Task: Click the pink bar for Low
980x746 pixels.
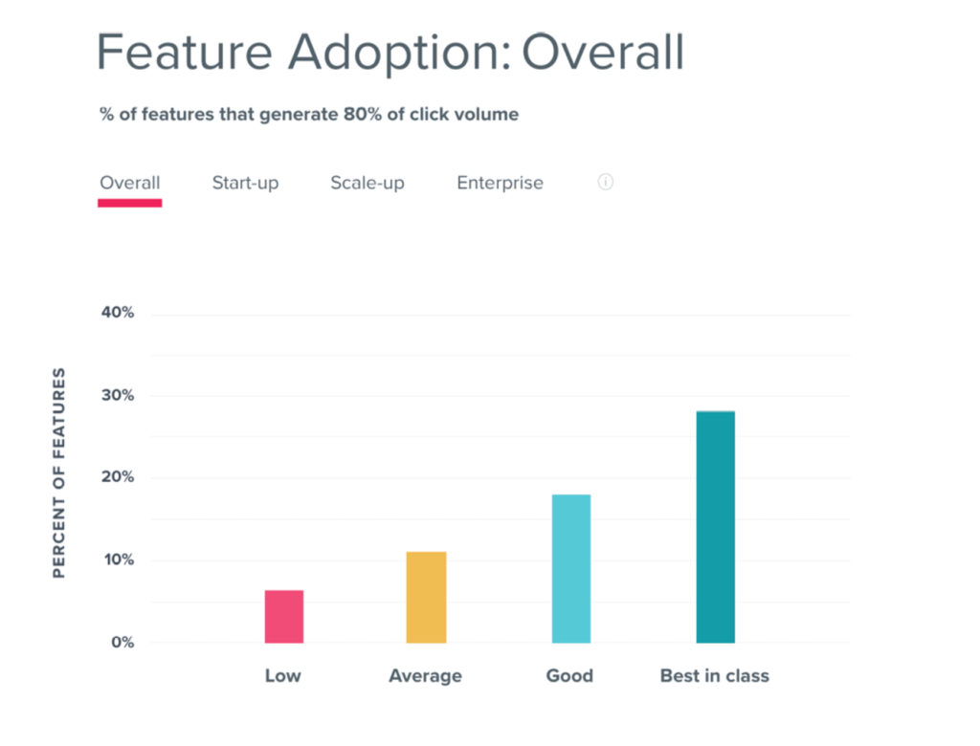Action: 283,616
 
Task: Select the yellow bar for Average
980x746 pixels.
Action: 426,597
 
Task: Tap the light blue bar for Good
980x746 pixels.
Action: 570,568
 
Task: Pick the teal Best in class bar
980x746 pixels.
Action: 715,527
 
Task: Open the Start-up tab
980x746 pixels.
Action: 245,183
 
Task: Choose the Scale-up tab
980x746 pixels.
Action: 367,183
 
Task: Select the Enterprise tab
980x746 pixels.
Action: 500,183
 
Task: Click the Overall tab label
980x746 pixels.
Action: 130,183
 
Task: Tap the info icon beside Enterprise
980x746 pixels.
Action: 605,182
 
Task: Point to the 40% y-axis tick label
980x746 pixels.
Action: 117,314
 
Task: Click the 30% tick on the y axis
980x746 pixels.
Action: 117,396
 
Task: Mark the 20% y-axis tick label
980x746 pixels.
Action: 117,478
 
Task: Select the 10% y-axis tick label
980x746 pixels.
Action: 117,560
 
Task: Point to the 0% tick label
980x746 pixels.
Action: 121,643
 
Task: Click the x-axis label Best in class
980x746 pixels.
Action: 715,676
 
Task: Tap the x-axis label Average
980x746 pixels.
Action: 425,676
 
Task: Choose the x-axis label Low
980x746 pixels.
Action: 282,676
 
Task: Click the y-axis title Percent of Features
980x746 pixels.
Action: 59,472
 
